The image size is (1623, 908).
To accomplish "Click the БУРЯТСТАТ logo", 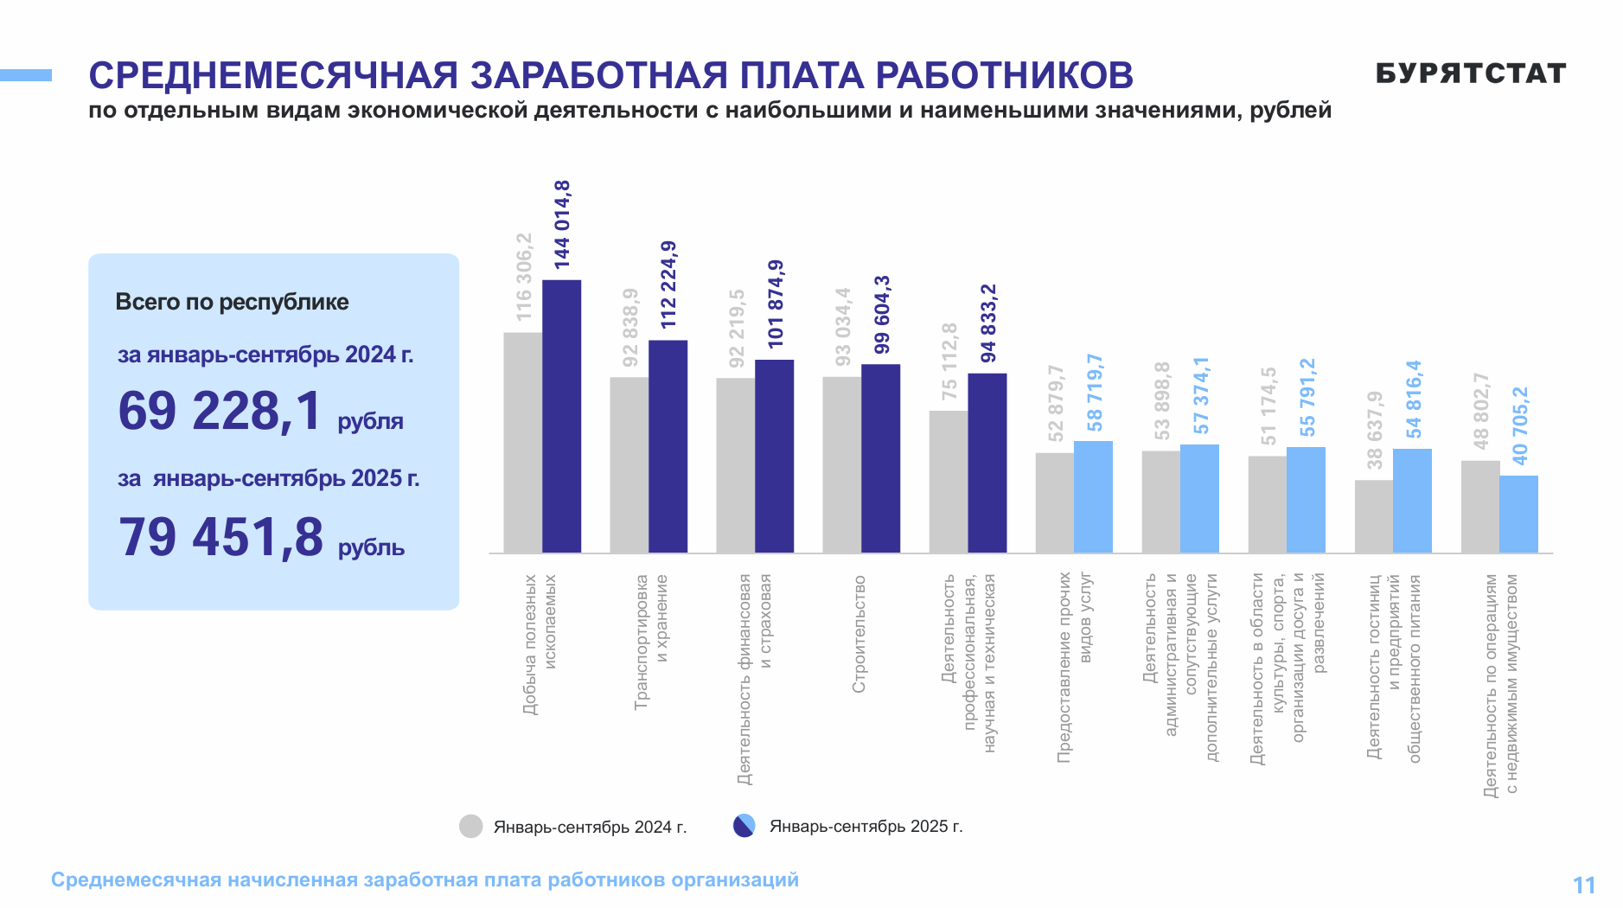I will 1470,74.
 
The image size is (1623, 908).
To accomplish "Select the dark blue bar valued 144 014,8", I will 561,415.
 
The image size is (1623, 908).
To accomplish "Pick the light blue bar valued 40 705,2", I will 1518,514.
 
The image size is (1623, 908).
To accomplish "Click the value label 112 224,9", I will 668,285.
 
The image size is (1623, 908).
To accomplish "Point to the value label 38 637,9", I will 1374,431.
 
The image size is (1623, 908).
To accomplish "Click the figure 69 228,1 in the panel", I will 220,411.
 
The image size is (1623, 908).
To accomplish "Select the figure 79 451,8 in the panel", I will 220,537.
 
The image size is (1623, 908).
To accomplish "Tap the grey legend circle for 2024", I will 470,827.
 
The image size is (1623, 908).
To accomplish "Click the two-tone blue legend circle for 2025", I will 744,826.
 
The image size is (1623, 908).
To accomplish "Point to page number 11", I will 1583,885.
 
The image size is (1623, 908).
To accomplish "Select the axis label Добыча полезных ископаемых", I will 540,644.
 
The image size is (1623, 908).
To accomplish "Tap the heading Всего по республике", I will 232,302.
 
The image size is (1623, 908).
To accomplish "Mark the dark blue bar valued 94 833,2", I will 987,463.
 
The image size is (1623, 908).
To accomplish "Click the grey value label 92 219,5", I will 736,329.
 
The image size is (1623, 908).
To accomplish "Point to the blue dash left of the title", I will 26,75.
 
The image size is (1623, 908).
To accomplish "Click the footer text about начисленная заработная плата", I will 425,879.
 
